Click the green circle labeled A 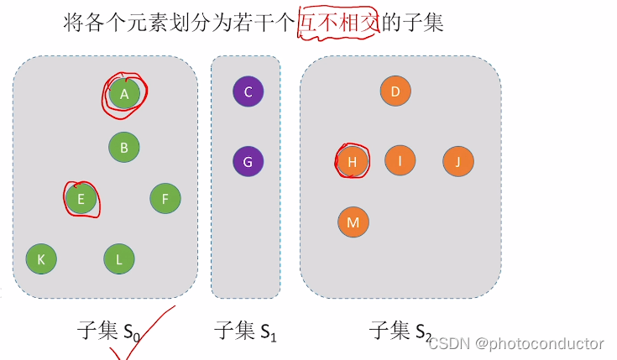coord(124,94)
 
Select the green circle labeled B coord(123,148)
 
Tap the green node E coord(81,199)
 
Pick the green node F coord(165,199)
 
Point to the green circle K coord(41,259)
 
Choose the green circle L coord(119,259)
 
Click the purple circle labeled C coord(248,91)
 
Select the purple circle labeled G coord(248,161)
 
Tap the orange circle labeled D coord(395,91)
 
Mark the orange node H coord(352,161)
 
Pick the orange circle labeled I coord(400,160)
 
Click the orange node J coord(458,161)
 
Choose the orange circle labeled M coord(353,222)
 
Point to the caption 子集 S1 coord(246,331)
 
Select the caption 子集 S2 coord(400,331)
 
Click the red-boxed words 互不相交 coord(339,23)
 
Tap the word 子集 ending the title coord(423,23)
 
